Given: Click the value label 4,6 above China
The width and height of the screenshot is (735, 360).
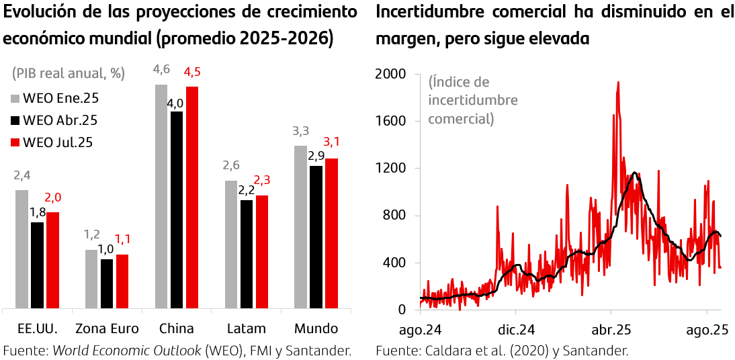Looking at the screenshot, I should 161,70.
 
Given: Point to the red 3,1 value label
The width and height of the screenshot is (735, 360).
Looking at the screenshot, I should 332,142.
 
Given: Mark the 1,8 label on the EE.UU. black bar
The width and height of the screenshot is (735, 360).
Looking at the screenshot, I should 38,212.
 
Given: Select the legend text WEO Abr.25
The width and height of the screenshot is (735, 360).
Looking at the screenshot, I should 60,120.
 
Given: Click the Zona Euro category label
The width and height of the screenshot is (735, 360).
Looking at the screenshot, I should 107,328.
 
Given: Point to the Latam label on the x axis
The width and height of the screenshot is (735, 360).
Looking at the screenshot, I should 246,328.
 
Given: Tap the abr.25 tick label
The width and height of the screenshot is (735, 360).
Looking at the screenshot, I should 611,330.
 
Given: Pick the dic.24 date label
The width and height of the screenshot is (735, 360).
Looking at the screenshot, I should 515,330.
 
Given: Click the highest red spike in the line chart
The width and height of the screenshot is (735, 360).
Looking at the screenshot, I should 617,83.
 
